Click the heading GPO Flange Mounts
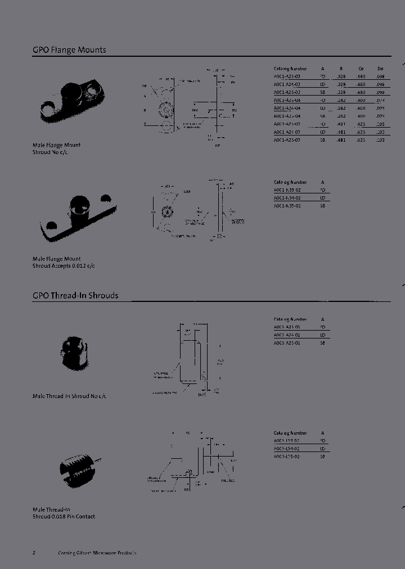[69, 50]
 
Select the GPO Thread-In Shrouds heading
[75, 295]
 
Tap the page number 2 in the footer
[34, 553]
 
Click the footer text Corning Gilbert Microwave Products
[97, 553]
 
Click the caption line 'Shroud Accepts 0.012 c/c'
[64, 265]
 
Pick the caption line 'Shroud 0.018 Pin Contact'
[64, 516]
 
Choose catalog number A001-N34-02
[287, 198]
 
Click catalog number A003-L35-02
[287, 457]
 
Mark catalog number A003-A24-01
[287, 335]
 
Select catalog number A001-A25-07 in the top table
[287, 140]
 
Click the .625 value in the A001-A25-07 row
[361, 140]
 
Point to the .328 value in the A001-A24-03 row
[341, 84]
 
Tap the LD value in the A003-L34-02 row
[323, 449]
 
